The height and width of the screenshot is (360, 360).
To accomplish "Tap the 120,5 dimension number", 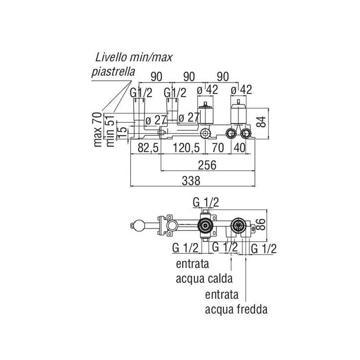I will (x=188, y=149).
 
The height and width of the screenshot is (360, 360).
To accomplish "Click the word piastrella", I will (x=113, y=71).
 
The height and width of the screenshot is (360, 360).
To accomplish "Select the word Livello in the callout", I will (x=114, y=58).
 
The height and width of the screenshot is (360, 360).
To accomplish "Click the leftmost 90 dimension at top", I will (x=156, y=76).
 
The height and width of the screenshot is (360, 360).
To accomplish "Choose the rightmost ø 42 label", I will (x=240, y=91).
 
